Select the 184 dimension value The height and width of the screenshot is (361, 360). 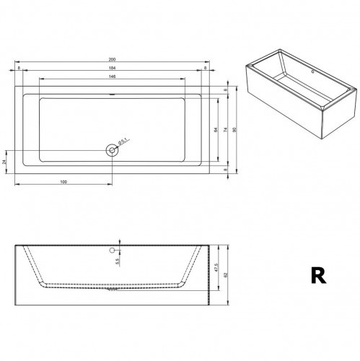[x=112, y=68]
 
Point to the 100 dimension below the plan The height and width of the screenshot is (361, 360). [x=64, y=180]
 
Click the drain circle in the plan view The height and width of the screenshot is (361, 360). [x=112, y=150]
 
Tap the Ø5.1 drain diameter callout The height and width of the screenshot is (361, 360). [x=123, y=141]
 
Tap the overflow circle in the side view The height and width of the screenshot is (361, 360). [x=112, y=250]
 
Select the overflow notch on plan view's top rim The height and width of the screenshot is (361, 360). [x=112, y=95]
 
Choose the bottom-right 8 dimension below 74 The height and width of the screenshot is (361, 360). [x=225, y=170]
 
